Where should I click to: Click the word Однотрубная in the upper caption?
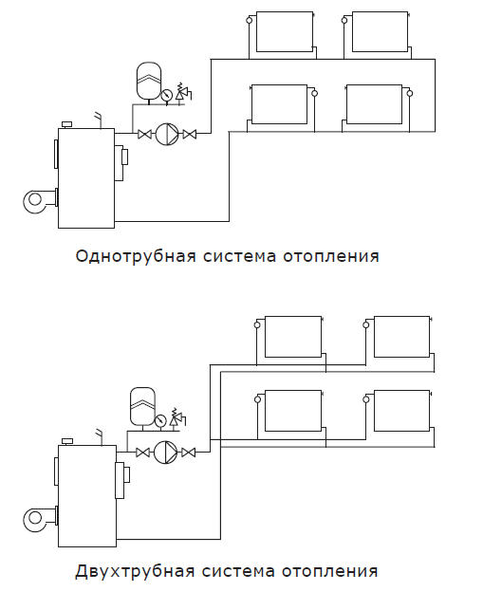(136, 256)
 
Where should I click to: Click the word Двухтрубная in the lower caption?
(135, 571)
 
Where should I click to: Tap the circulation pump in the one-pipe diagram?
(167, 134)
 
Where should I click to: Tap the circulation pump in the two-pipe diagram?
(165, 453)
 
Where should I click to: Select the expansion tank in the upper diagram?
(149, 81)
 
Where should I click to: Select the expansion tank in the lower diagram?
(142, 406)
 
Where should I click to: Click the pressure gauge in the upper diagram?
(166, 95)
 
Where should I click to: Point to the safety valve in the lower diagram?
(177, 417)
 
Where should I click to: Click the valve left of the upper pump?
(144, 135)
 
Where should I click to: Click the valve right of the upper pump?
(190, 135)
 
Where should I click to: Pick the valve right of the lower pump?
(189, 453)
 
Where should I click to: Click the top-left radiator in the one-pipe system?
(285, 31)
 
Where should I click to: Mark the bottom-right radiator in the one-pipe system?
(374, 104)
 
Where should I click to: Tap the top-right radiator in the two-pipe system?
(402, 337)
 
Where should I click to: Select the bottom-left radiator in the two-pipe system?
(293, 411)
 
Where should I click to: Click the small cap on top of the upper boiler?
(67, 124)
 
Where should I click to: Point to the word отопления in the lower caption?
(329, 571)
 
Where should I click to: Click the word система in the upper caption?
(239, 256)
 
